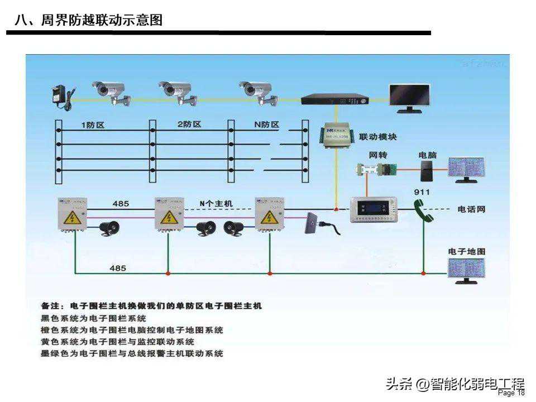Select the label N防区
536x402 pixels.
[x=266, y=125]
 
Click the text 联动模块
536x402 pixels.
[x=378, y=137]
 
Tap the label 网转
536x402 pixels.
[x=377, y=155]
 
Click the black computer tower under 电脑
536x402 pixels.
[x=427, y=171]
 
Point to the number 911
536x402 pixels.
[x=422, y=193]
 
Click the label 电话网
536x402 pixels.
[x=471, y=209]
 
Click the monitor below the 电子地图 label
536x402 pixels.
[x=466, y=270]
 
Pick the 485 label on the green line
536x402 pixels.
[x=118, y=269]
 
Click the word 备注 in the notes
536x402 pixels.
[x=54, y=306]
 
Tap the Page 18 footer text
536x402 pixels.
[x=511, y=393]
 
